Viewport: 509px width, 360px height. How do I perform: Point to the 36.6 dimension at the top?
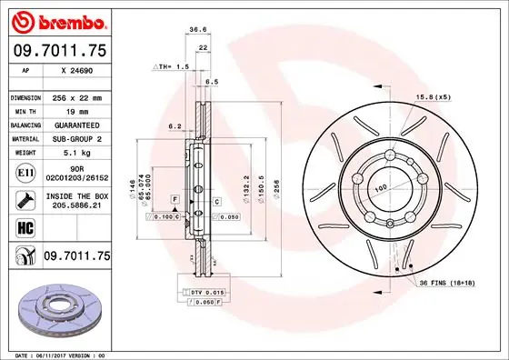point(196,30)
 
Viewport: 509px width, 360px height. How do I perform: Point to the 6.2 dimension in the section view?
point(176,126)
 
